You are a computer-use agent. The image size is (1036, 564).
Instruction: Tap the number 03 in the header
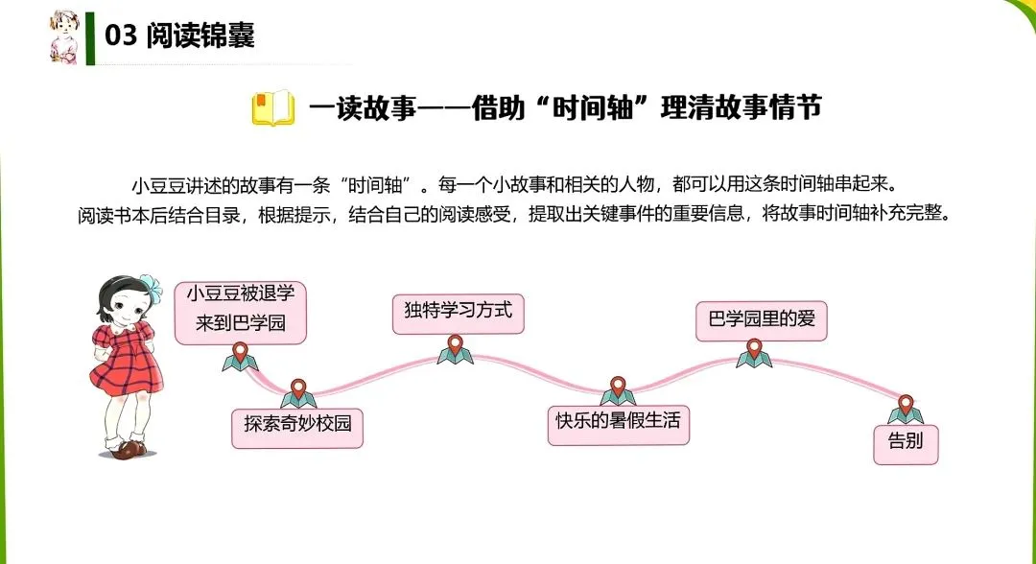(x=121, y=36)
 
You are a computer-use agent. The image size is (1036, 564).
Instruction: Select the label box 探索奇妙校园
(x=298, y=428)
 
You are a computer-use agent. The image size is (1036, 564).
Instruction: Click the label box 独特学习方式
(x=459, y=313)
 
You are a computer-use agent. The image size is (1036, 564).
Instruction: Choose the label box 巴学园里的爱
(x=761, y=320)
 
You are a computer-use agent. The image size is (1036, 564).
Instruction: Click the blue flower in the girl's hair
(x=150, y=287)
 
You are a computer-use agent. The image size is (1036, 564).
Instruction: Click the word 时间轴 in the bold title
(x=605, y=107)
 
